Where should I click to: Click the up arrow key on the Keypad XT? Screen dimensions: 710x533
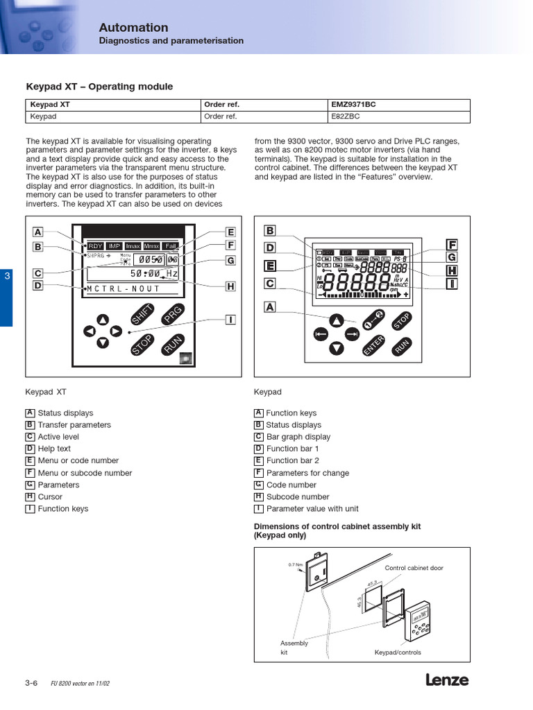[x=103, y=320]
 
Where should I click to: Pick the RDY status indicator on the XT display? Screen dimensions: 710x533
[x=95, y=246]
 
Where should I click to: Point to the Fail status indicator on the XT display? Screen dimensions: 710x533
[x=170, y=246]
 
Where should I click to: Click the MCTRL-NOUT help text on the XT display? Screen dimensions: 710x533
[x=123, y=288]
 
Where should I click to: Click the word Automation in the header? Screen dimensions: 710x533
[x=133, y=28]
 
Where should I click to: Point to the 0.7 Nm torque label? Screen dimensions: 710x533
[x=296, y=564]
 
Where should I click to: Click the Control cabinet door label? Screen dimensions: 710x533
[x=414, y=568]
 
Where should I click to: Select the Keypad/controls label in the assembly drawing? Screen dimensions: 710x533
[x=398, y=652]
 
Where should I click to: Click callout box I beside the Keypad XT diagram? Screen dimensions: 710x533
[x=230, y=320]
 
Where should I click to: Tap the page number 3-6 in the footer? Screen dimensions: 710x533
[x=31, y=683]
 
